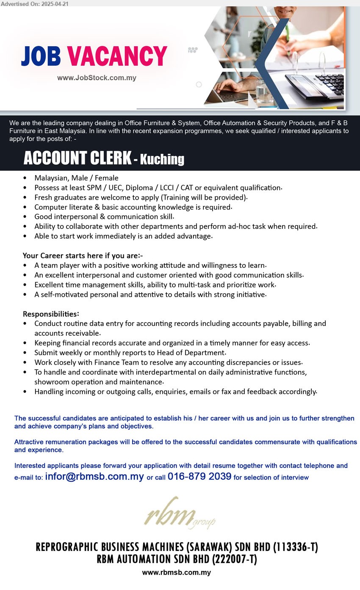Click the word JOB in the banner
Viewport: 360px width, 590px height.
tap(41, 56)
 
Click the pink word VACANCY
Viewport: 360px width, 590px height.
tap(117, 56)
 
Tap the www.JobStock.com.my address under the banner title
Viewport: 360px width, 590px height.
tap(97, 78)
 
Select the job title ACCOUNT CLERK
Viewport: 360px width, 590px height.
tap(77, 158)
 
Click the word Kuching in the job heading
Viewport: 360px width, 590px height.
tap(162, 159)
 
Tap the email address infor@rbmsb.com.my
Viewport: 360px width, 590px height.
tap(94, 476)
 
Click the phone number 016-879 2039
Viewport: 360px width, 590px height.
tap(199, 476)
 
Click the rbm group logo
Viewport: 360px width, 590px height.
tap(179, 514)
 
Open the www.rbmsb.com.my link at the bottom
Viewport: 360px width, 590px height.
tap(177, 573)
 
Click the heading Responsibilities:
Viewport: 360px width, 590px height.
tap(51, 314)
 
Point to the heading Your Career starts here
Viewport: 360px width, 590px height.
tap(83, 256)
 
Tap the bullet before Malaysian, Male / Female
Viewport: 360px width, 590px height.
tap(25, 178)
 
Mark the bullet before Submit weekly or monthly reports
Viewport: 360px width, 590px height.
tap(25, 353)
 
